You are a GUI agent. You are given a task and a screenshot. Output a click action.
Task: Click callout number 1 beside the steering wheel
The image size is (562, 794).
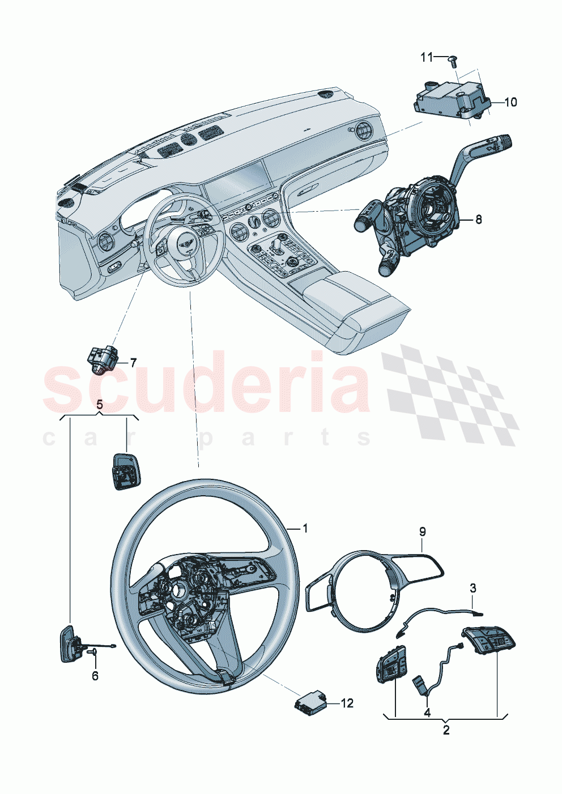click(305, 529)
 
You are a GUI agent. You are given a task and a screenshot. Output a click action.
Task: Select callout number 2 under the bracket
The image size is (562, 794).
click(446, 731)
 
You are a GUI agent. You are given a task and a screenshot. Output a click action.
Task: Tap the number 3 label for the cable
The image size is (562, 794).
click(473, 589)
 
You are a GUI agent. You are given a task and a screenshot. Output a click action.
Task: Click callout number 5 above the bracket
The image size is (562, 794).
click(100, 405)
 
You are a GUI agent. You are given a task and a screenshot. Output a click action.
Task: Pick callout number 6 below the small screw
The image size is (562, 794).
click(95, 676)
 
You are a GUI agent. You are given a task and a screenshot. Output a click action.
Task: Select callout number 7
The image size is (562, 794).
click(133, 362)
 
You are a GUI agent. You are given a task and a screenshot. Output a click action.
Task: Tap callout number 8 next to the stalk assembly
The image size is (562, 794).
click(478, 219)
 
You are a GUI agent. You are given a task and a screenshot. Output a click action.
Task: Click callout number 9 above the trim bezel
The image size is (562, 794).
click(422, 531)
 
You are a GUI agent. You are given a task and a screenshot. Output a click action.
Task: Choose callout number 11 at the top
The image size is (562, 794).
click(427, 57)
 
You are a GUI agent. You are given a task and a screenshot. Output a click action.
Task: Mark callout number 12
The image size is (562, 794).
click(347, 703)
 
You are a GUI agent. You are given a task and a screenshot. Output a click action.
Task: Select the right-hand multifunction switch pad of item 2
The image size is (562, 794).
click(491, 641)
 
